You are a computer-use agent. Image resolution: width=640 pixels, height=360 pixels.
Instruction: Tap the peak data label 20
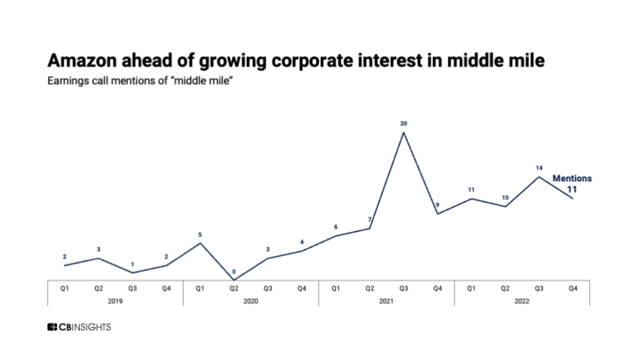(403, 124)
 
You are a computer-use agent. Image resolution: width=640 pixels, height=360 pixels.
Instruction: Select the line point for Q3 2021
(403, 132)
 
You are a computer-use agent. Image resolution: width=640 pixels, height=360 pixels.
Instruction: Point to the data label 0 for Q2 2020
(234, 271)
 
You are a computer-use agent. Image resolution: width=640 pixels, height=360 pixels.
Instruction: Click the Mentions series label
(572, 179)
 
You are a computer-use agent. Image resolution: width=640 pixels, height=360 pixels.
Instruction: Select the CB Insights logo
(79, 327)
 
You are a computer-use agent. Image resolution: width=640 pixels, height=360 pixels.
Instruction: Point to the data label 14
(539, 167)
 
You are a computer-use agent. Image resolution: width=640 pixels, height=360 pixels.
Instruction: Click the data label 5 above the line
(199, 234)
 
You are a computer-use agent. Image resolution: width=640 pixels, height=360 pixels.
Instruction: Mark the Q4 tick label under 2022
(573, 287)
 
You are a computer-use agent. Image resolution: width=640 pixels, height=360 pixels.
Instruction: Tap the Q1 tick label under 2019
(64, 287)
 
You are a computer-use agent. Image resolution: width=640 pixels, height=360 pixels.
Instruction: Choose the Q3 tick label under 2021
(403, 287)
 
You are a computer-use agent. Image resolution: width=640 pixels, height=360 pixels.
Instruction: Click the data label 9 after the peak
(437, 205)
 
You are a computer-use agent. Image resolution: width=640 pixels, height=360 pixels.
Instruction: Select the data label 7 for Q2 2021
(369, 220)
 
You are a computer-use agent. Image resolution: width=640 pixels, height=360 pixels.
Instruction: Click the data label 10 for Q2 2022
(505, 198)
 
